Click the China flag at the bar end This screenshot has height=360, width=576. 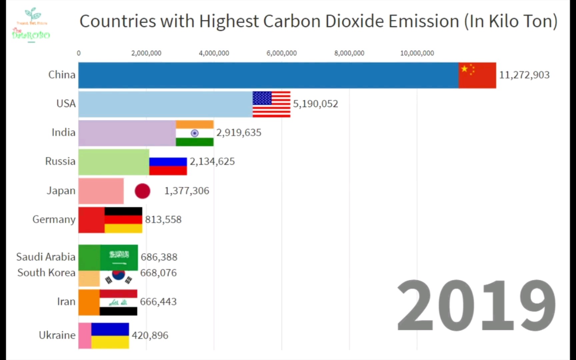[477, 75]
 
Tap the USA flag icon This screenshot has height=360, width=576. [271, 104]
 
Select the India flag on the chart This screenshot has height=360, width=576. [195, 133]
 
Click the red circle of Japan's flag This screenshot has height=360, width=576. [142, 191]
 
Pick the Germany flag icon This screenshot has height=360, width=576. [123, 220]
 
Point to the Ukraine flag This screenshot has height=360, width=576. [110, 335]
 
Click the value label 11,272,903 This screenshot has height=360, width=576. [524, 75]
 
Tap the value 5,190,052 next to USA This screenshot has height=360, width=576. [315, 104]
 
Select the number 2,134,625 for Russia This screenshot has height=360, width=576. [212, 162]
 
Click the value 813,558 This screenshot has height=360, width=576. [163, 220]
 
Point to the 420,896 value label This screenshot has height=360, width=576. [150, 335]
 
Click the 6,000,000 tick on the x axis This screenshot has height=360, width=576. [281, 53]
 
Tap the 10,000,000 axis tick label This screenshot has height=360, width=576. [417, 53]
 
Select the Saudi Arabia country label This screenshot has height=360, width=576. [46, 257]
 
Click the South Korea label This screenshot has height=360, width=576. [46, 273]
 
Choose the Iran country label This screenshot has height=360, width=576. [66, 302]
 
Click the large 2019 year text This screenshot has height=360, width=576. [476, 306]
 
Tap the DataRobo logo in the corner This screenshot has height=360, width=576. [31, 25]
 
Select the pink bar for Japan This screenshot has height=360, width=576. [101, 191]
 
